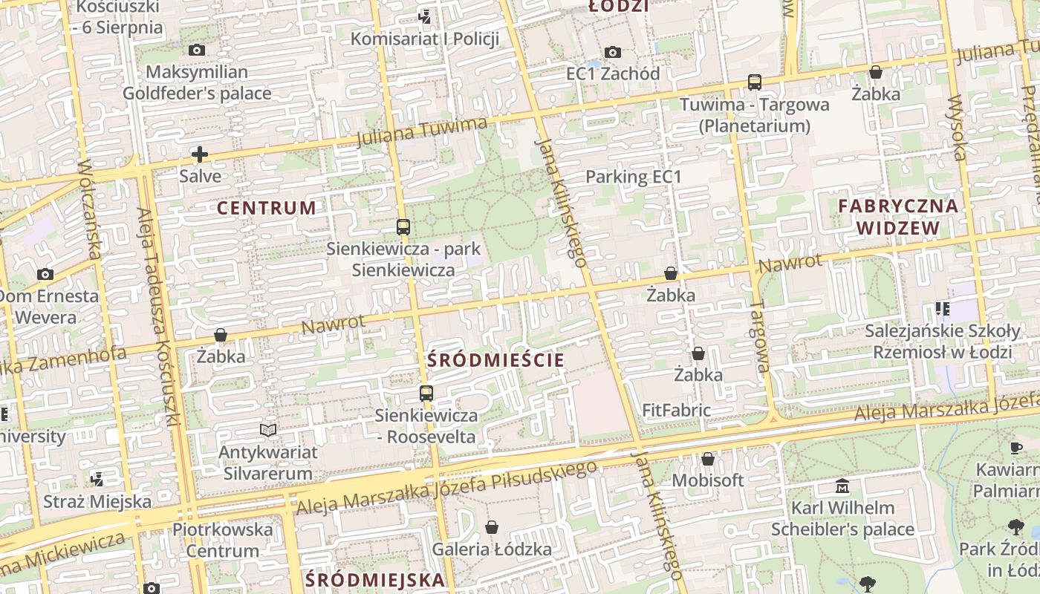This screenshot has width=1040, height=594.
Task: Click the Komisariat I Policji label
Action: pyautogui.click(x=424, y=39)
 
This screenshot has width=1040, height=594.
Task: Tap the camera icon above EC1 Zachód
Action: pyautogui.click(x=612, y=52)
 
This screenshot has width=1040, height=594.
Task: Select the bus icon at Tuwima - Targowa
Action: pyautogui.click(x=755, y=82)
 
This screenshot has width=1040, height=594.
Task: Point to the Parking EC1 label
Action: pyautogui.click(x=634, y=177)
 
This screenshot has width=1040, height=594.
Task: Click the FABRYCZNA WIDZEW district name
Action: pyautogui.click(x=898, y=217)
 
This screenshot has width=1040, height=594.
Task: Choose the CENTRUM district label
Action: pyautogui.click(x=267, y=208)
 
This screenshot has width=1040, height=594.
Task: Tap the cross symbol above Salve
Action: pyautogui.click(x=199, y=154)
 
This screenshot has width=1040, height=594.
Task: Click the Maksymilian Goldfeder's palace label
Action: pyautogui.click(x=197, y=83)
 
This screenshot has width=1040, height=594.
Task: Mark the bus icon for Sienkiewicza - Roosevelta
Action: pyautogui.click(x=426, y=394)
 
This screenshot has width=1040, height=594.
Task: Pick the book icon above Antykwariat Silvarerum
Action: pyautogui.click(x=268, y=430)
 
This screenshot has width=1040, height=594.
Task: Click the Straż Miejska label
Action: pyautogui.click(x=97, y=501)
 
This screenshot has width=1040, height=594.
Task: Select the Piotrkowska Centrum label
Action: pyautogui.click(x=223, y=541)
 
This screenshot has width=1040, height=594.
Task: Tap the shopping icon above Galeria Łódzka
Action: pyautogui.click(x=491, y=528)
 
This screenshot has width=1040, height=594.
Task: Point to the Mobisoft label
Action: pyautogui.click(x=707, y=480)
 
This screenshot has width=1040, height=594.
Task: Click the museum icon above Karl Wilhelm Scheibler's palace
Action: pyautogui.click(x=842, y=487)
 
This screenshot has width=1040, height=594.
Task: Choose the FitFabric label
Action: pyautogui.click(x=676, y=410)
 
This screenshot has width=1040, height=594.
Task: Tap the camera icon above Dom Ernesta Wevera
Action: pyautogui.click(x=45, y=275)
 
